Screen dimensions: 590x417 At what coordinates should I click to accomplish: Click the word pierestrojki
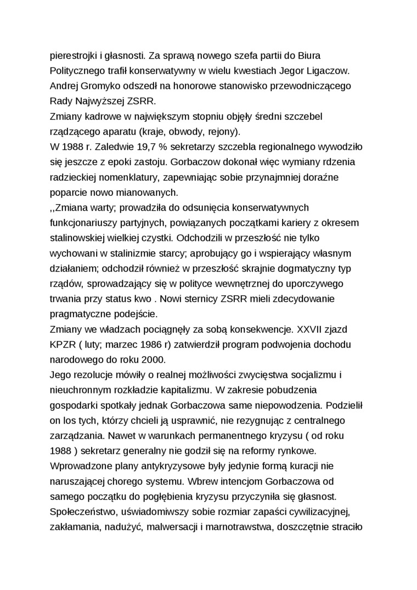coord(74,55)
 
